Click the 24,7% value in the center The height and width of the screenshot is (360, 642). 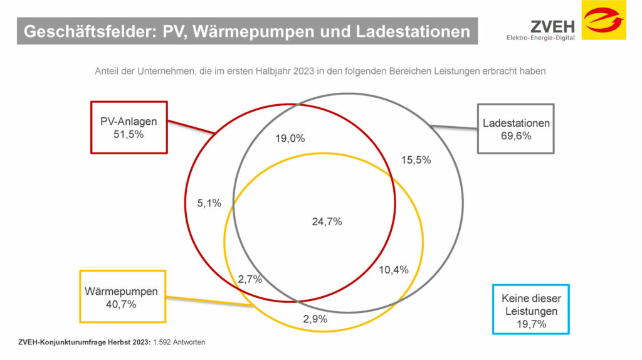327,221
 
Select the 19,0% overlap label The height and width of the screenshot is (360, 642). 290,139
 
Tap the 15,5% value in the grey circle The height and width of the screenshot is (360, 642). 416,160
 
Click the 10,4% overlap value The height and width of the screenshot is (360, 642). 394,270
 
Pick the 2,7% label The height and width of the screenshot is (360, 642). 250,279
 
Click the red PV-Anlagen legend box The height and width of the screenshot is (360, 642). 129,127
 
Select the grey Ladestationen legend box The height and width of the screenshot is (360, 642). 515,129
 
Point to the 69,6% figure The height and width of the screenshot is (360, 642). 516,135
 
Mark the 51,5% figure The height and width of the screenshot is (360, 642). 129,134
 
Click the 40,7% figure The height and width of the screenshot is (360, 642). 121,304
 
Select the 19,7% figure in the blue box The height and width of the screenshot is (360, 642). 530,324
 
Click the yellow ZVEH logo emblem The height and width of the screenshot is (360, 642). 603,20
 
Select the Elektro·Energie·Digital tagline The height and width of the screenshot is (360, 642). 541,38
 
